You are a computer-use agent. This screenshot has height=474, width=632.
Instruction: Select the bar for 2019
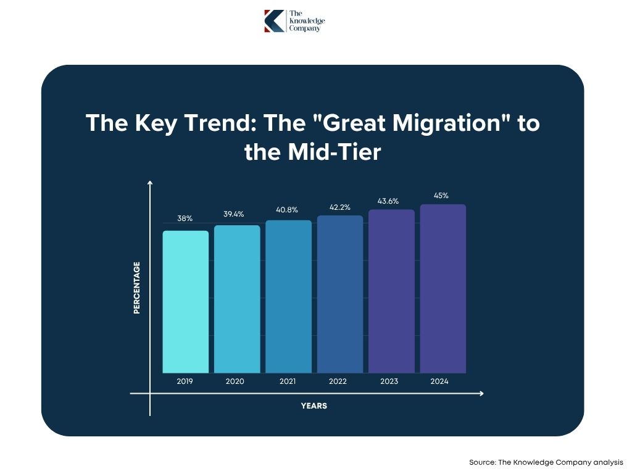coord(185,302)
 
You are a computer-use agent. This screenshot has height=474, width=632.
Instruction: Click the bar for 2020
coord(237,299)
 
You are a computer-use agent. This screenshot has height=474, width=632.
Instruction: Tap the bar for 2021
coord(289,297)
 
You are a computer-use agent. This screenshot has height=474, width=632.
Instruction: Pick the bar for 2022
coord(340,294)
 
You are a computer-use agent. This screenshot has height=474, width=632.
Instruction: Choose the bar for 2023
coord(391,291)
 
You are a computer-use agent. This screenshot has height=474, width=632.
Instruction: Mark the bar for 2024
coord(443,289)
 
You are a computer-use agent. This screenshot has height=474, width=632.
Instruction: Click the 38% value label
coord(185,218)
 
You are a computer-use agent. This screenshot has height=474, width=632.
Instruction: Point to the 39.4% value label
coord(234,214)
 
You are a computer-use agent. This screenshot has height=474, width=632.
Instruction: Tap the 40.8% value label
coord(286,209)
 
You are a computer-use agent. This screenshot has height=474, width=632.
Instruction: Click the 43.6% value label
coord(388,201)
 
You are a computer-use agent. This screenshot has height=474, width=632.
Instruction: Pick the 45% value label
coord(441,196)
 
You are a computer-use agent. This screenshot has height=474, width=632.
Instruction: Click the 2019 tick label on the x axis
coord(185,381)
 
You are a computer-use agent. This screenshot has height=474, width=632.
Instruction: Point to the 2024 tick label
coord(439,381)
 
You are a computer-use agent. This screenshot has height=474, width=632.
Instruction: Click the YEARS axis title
coord(314,406)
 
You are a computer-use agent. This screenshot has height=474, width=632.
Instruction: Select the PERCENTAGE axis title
coord(137,288)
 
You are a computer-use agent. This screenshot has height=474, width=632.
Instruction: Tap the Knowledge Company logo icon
coord(274,21)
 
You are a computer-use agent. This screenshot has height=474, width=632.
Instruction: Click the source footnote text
coord(546,462)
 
